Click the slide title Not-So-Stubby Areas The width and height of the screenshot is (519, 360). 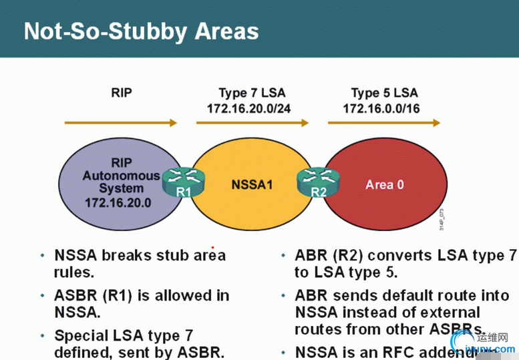click(x=141, y=31)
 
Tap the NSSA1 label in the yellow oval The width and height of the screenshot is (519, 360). click(x=252, y=183)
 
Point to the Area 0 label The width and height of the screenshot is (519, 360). click(x=384, y=184)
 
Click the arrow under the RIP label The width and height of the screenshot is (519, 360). click(x=120, y=123)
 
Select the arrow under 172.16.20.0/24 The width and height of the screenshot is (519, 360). click(x=252, y=123)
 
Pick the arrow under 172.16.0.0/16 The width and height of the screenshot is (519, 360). click(x=384, y=123)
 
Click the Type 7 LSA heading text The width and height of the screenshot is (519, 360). click(x=252, y=93)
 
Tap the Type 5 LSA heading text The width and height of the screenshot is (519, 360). click(x=384, y=93)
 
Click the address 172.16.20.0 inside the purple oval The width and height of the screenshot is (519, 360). click(x=119, y=201)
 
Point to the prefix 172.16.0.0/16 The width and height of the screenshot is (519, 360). click(x=381, y=108)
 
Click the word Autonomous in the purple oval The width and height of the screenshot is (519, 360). click(x=121, y=176)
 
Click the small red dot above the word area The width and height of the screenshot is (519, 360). click(x=212, y=247)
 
